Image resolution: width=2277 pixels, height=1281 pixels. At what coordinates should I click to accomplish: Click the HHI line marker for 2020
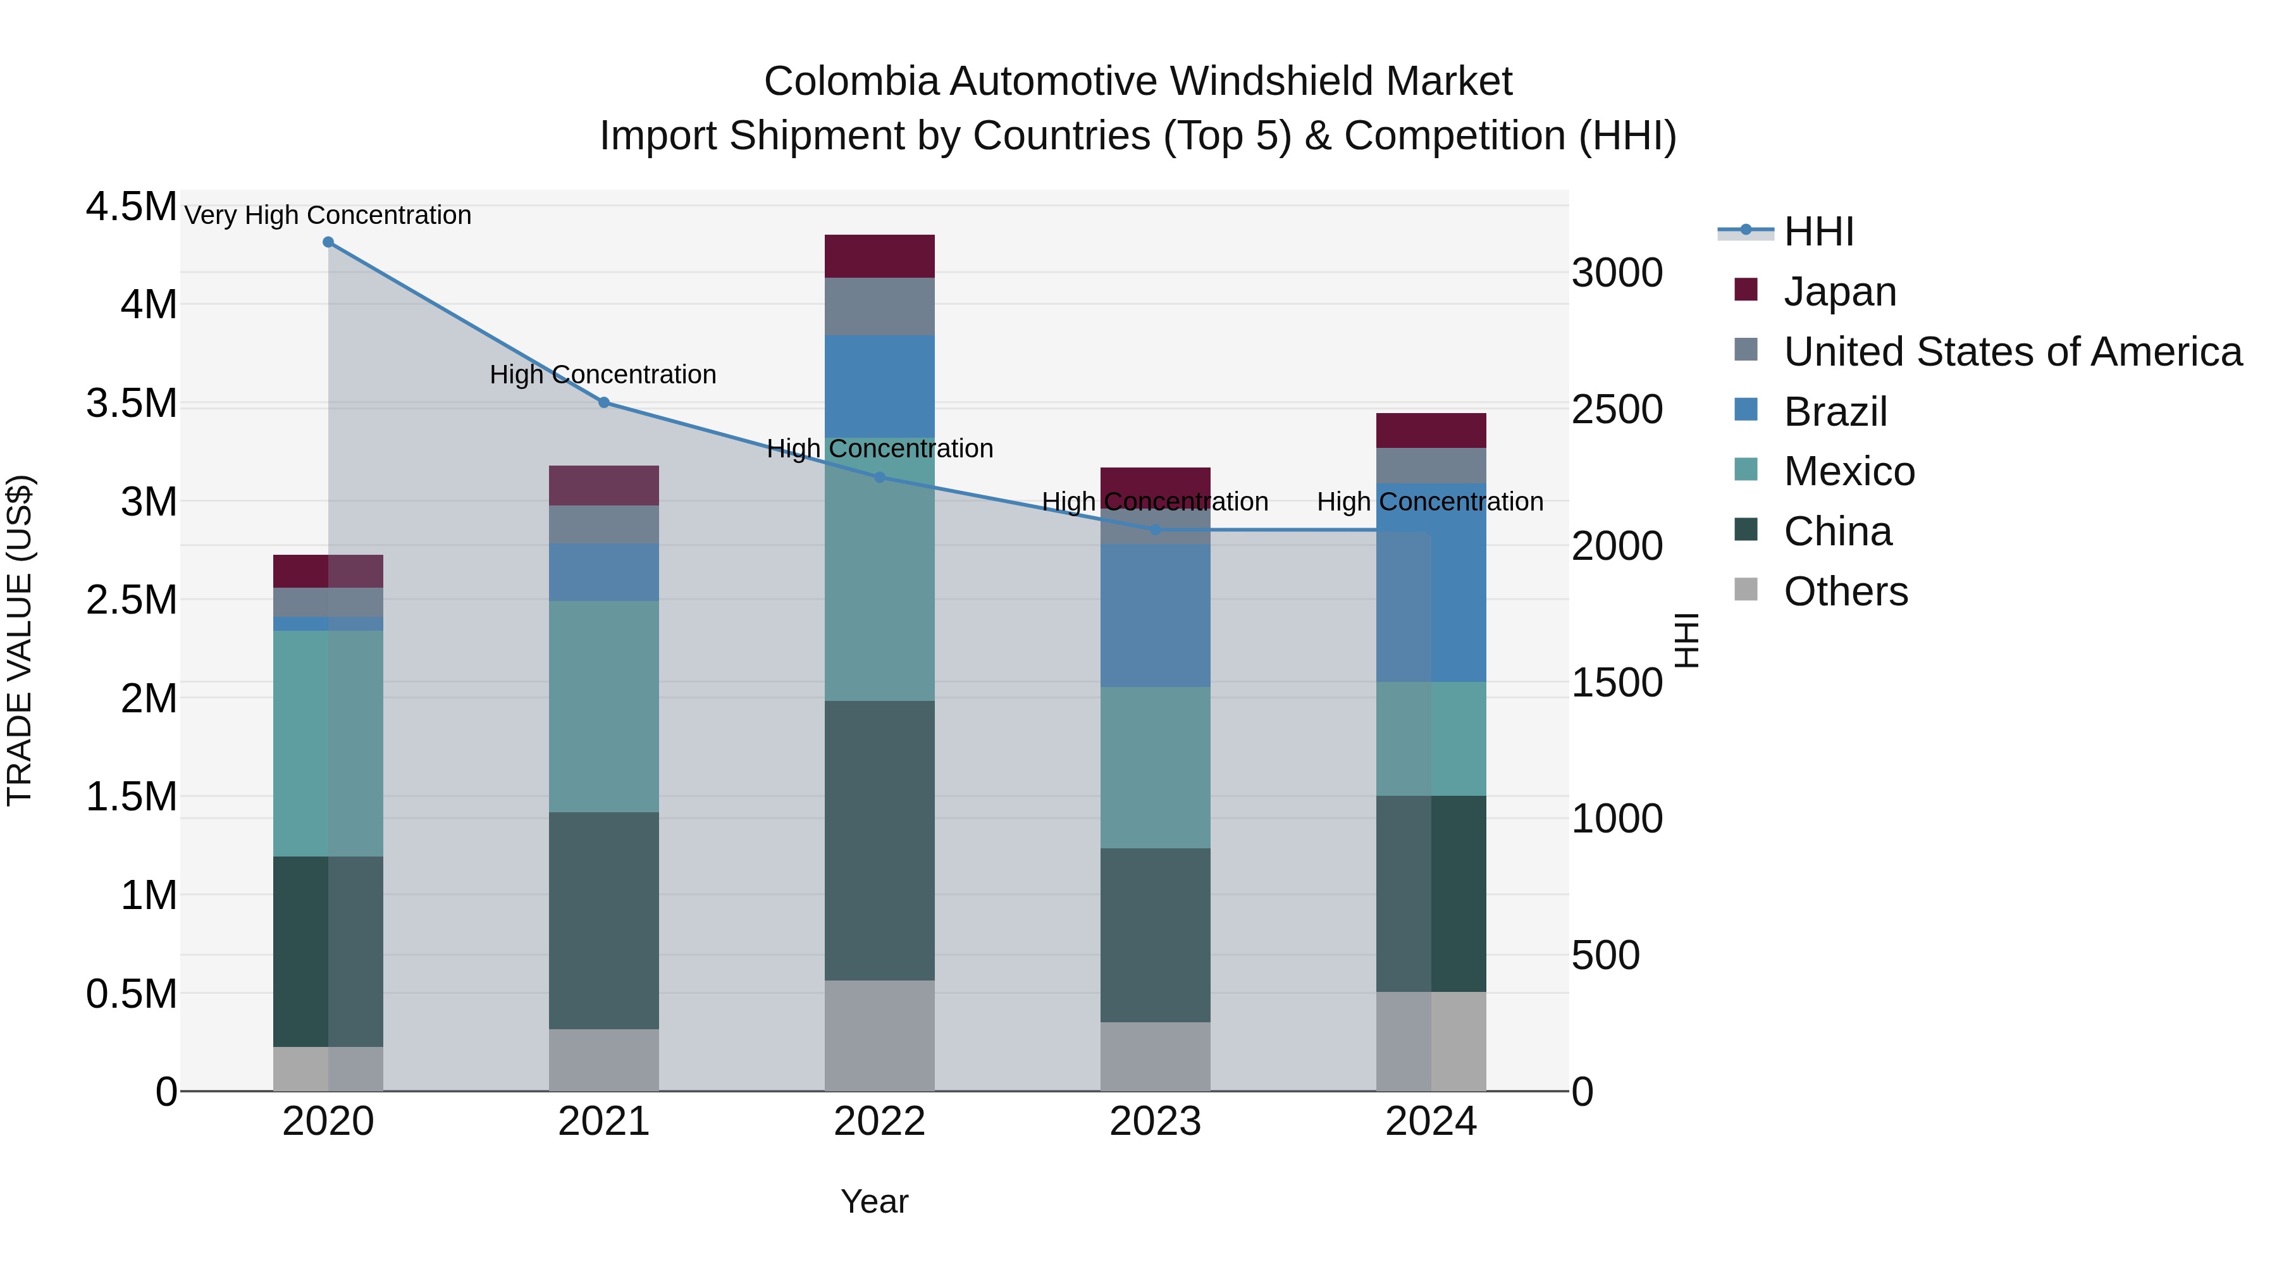[328, 242]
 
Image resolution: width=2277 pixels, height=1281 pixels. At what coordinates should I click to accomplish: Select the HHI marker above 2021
[604, 402]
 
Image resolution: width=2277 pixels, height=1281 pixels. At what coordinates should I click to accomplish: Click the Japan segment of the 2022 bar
[880, 256]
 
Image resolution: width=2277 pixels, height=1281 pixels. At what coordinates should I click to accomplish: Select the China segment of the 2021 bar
[604, 920]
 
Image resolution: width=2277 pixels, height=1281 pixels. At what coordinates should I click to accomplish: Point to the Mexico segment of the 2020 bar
[328, 743]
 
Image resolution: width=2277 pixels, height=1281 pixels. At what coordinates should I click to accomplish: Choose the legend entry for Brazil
[1835, 412]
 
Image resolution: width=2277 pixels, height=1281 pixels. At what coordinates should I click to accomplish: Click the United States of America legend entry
[2012, 352]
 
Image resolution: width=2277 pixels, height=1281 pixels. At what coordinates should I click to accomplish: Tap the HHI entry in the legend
[1817, 232]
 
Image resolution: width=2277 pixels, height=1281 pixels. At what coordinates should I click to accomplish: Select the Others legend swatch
[1746, 590]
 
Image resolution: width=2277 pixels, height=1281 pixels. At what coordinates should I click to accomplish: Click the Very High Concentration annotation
[328, 215]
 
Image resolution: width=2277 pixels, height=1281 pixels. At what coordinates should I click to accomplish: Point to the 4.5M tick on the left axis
[131, 207]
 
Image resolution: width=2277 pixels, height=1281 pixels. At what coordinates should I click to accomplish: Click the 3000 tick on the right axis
[1617, 273]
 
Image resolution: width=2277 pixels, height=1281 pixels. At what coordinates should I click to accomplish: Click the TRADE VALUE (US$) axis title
[20, 640]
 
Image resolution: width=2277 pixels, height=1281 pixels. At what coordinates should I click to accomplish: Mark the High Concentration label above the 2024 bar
[1429, 501]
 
